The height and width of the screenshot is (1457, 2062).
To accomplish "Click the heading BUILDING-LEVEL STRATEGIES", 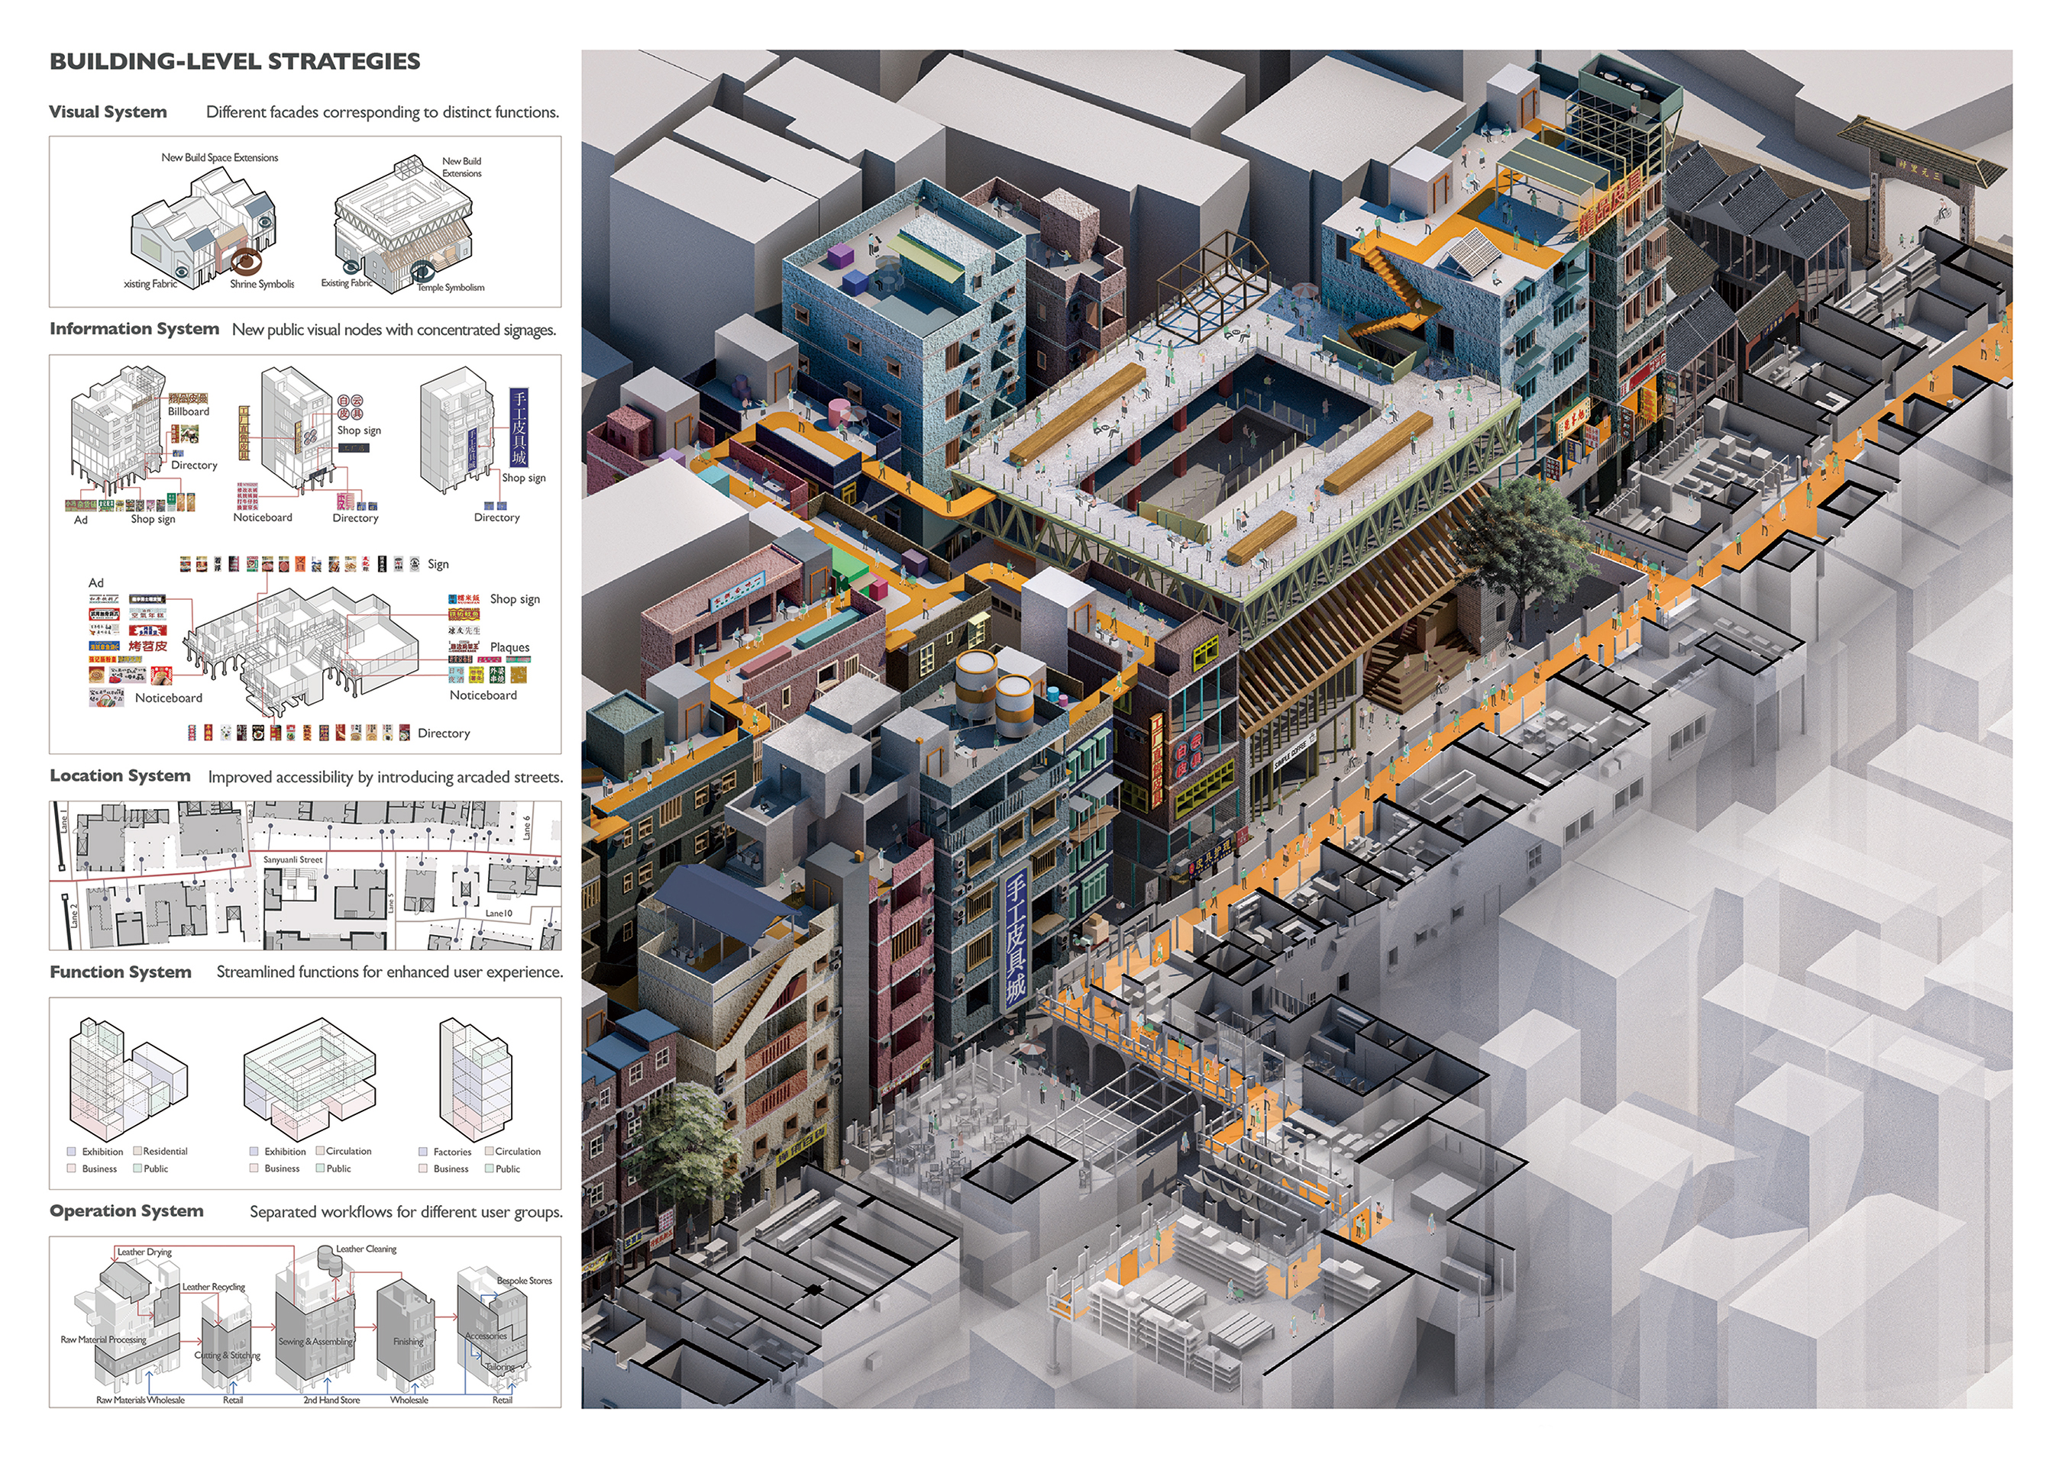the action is pyautogui.click(x=234, y=61).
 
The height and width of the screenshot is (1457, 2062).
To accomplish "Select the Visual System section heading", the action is pyautogui.click(x=108, y=112).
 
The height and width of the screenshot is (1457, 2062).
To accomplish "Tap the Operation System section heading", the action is pyautogui.click(x=127, y=1210).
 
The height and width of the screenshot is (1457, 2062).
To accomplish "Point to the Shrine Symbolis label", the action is pyautogui.click(x=261, y=284).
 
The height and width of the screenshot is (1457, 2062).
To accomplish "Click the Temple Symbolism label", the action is pyautogui.click(x=450, y=287).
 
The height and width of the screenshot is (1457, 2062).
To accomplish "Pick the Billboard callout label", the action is pyautogui.click(x=188, y=411).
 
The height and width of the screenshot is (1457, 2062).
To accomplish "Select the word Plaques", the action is pyautogui.click(x=509, y=647).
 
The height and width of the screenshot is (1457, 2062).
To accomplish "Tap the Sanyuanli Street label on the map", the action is pyautogui.click(x=292, y=859).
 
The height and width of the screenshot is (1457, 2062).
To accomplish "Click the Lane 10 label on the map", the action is pyautogui.click(x=499, y=913).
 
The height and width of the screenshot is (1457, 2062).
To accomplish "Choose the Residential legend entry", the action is pyautogui.click(x=165, y=1151).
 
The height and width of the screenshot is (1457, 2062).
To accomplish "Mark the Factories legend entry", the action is pyautogui.click(x=452, y=1152).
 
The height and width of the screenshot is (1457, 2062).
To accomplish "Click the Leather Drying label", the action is pyautogui.click(x=144, y=1252).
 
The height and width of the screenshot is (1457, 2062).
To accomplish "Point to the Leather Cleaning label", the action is pyautogui.click(x=366, y=1249).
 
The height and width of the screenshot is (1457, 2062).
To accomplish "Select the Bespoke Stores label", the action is pyautogui.click(x=525, y=1280).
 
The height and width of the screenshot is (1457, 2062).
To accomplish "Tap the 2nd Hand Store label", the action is pyautogui.click(x=331, y=1400).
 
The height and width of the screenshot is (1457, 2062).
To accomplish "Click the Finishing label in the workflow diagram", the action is pyautogui.click(x=408, y=1341).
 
